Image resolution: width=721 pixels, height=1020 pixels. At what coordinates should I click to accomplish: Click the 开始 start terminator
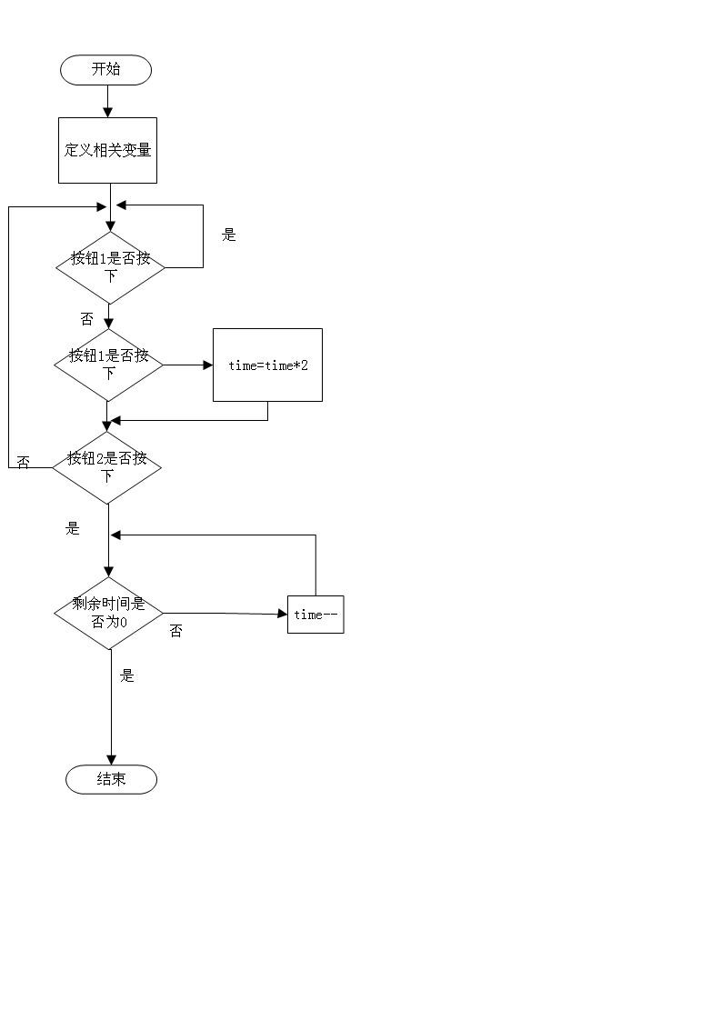[x=106, y=70]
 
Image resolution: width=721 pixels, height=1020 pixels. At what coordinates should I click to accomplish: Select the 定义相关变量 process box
[x=107, y=150]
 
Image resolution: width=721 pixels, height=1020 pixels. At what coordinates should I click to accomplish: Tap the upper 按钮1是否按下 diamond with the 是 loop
[x=110, y=267]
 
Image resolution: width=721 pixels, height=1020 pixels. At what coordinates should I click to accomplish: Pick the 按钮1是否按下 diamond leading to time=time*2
[x=109, y=365]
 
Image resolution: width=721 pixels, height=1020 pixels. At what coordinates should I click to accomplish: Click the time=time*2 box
[x=267, y=365]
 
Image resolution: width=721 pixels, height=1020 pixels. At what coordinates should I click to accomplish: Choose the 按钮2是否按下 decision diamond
[x=106, y=467]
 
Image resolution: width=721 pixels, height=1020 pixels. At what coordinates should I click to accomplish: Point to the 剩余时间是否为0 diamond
[x=109, y=613]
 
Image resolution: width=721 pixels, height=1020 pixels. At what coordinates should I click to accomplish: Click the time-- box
[x=315, y=614]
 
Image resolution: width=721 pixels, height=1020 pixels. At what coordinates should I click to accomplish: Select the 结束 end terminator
[x=111, y=779]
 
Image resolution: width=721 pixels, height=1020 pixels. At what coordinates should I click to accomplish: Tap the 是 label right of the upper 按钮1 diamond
[x=229, y=235]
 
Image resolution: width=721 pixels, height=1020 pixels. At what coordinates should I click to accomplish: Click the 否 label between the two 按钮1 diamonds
[x=86, y=318]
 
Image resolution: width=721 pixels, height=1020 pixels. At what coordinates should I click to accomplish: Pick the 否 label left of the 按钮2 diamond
[x=24, y=463]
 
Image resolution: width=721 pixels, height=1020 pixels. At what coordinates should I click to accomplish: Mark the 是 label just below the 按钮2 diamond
[x=73, y=528]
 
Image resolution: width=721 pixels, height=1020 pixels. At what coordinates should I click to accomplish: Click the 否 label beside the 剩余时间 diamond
[x=175, y=630]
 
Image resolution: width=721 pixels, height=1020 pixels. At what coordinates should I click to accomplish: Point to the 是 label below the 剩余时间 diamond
[x=127, y=675]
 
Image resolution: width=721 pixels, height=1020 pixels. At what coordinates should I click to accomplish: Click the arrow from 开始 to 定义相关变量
[x=107, y=102]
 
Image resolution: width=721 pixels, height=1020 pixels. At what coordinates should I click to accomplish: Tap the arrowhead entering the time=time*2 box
[x=208, y=365]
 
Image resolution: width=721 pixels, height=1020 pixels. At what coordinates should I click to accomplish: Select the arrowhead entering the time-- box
[x=283, y=614]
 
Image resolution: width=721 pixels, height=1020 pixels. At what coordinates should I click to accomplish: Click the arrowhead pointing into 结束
[x=111, y=760]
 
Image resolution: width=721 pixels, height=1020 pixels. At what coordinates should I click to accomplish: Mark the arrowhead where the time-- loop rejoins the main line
[x=115, y=535]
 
